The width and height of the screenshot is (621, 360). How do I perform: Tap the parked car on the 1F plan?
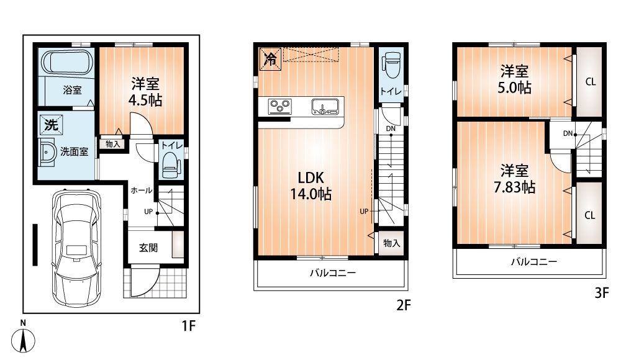(x=76, y=248)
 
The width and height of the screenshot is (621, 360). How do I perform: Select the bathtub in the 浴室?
(x=66, y=62)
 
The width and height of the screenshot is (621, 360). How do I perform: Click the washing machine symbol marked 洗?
(x=51, y=125)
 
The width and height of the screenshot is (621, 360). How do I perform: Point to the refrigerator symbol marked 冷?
(x=271, y=60)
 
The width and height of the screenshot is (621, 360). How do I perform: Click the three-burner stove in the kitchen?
(x=280, y=107)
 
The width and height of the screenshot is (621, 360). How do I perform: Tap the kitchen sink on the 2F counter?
(x=325, y=107)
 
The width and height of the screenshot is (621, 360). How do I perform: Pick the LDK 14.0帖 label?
(x=311, y=186)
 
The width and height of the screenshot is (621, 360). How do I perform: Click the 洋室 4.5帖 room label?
(x=145, y=92)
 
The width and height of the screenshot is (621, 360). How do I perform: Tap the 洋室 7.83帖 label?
(x=514, y=179)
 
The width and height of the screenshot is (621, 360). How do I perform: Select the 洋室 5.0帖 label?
(x=514, y=79)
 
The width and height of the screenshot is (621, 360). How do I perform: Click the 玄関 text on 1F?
(x=148, y=248)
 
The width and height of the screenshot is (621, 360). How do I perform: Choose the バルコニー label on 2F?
(x=333, y=273)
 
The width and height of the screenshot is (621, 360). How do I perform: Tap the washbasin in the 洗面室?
(x=47, y=152)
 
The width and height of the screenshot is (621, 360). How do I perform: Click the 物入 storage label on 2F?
(x=391, y=243)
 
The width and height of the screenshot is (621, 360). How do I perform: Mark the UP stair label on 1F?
(x=148, y=212)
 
